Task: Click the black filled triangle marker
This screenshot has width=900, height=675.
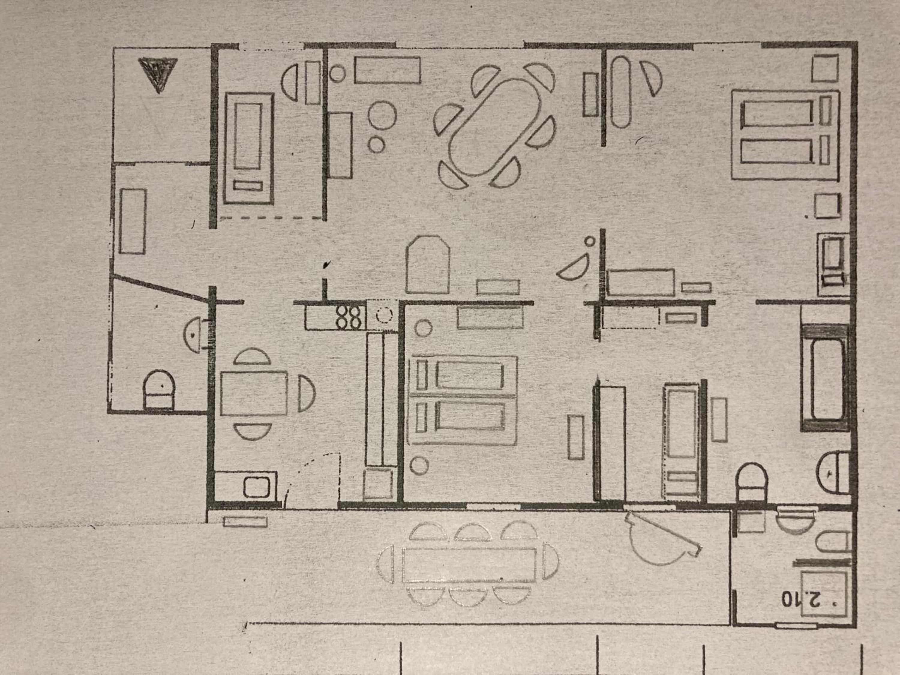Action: click(157, 73)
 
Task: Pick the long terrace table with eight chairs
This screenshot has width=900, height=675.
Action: click(468, 565)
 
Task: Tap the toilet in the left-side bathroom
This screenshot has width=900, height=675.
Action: click(159, 390)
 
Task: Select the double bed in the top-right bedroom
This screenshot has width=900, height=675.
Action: click(785, 135)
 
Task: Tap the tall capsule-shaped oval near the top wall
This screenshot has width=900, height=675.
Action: click(621, 92)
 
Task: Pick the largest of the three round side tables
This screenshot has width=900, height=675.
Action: click(382, 114)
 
